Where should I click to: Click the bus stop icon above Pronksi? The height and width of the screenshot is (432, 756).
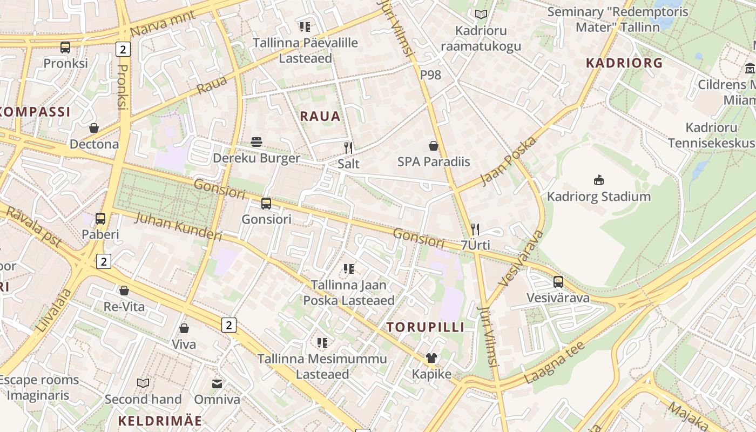pyautogui.click(x=65, y=48)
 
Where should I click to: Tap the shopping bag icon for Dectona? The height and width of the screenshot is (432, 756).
pyautogui.click(x=94, y=128)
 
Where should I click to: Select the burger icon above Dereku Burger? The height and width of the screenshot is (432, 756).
pyautogui.click(x=256, y=142)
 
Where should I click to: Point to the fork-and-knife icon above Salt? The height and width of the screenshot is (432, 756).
pyautogui.click(x=348, y=147)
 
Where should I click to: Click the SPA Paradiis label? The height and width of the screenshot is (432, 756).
pyautogui.click(x=434, y=161)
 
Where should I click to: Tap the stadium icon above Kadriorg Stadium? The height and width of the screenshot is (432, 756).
pyautogui.click(x=598, y=180)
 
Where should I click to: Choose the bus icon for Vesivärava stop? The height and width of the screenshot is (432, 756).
pyautogui.click(x=558, y=282)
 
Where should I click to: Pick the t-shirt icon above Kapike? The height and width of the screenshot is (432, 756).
pyautogui.click(x=431, y=358)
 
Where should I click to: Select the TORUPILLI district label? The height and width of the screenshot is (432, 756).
pyautogui.click(x=426, y=327)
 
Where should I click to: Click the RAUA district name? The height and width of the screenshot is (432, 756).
pyautogui.click(x=320, y=116)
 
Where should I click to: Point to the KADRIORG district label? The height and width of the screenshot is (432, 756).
pyautogui.click(x=624, y=63)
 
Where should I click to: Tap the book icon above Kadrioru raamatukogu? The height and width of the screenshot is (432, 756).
pyautogui.click(x=481, y=15)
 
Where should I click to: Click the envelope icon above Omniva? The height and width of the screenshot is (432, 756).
pyautogui.click(x=217, y=383)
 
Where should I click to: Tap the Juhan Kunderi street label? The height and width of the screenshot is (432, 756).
pyautogui.click(x=178, y=226)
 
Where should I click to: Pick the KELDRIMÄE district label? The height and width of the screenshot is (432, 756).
pyautogui.click(x=160, y=421)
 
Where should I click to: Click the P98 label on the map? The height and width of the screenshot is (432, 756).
pyautogui.click(x=430, y=75)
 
